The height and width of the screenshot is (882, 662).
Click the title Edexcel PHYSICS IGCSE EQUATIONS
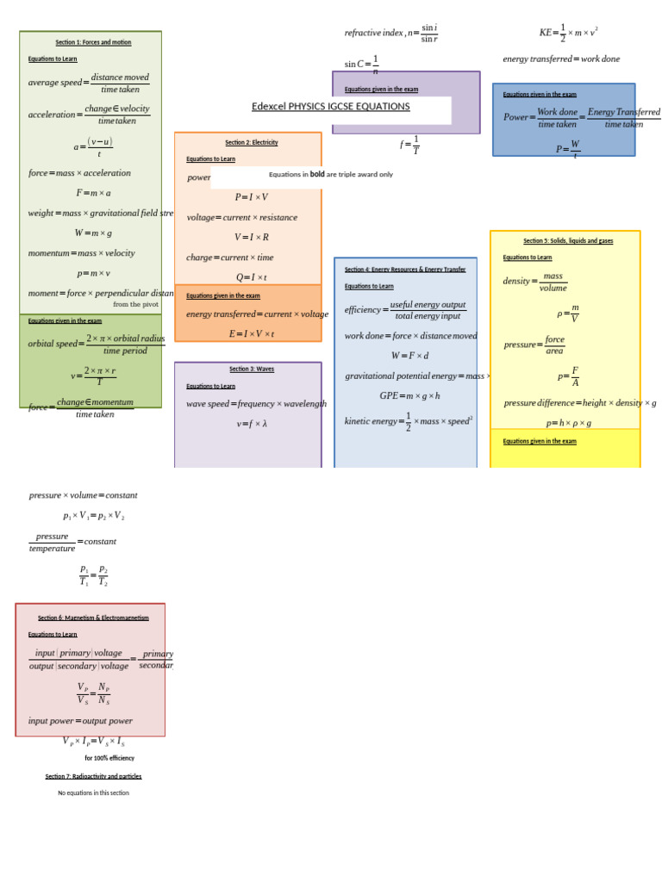[x=330, y=107]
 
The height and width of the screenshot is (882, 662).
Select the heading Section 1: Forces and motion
[x=93, y=42]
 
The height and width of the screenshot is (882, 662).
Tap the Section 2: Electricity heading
[x=252, y=143]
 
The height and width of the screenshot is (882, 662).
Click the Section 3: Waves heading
[x=252, y=370]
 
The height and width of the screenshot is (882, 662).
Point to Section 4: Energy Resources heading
[x=405, y=270]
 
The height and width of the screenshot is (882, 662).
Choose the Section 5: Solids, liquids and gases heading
[x=568, y=241]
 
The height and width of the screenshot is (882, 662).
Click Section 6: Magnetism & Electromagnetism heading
[x=93, y=618]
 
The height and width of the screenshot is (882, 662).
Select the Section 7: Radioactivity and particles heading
[x=93, y=776]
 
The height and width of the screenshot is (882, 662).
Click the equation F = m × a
[x=93, y=193]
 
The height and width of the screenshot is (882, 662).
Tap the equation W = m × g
[x=93, y=233]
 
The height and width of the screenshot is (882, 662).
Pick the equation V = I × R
[x=252, y=238]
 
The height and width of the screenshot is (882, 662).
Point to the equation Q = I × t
[x=252, y=277]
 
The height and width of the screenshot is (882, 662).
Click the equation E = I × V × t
[x=252, y=334]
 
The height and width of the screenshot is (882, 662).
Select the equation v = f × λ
[x=252, y=424]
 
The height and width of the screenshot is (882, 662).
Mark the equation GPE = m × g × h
[x=409, y=396]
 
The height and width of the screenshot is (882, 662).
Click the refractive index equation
[x=391, y=34]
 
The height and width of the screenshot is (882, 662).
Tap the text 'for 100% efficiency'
[x=109, y=758]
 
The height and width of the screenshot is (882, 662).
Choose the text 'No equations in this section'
[x=93, y=793]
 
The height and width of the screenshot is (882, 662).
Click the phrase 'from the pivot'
[x=135, y=304]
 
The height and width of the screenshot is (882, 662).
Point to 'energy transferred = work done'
[x=561, y=59]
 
